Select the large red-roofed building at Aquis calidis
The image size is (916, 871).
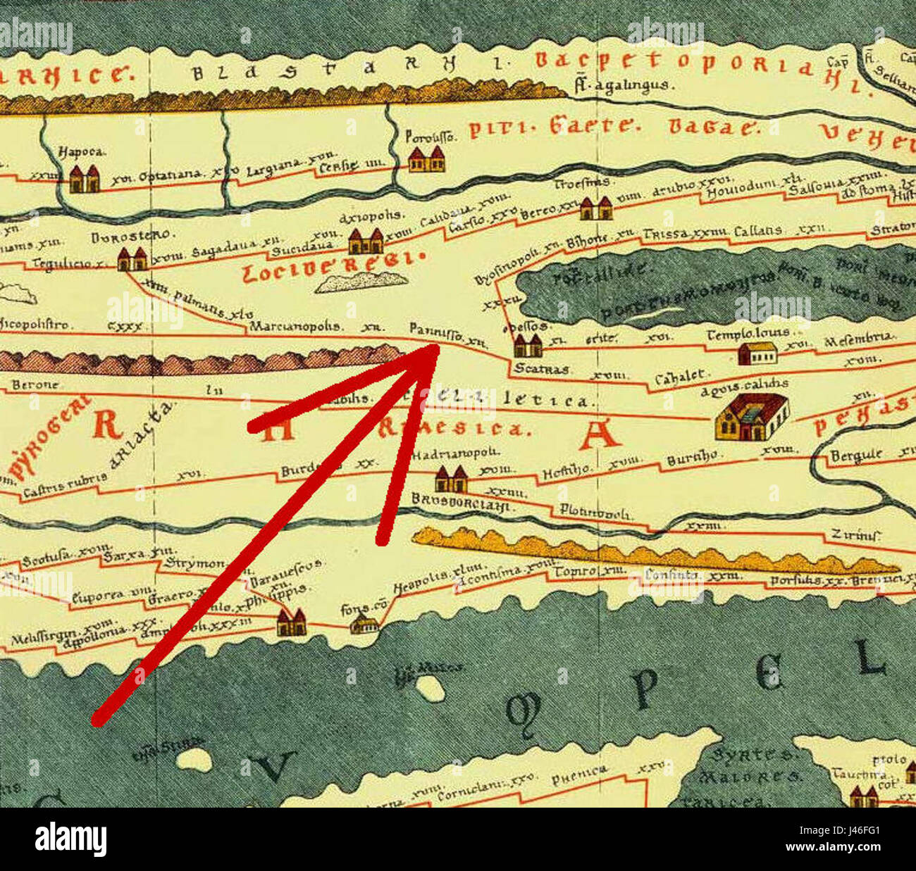pos(751,418)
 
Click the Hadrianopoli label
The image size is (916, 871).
pos(455,454)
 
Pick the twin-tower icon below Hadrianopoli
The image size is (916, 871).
pos(451,480)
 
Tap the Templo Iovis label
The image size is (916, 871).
pos(748,333)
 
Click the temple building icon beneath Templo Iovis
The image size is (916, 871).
pos(757,353)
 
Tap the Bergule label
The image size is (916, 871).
pos(857,456)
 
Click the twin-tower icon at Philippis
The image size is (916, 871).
pos(291,622)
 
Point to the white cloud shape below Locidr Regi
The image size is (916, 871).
pos(361,282)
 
